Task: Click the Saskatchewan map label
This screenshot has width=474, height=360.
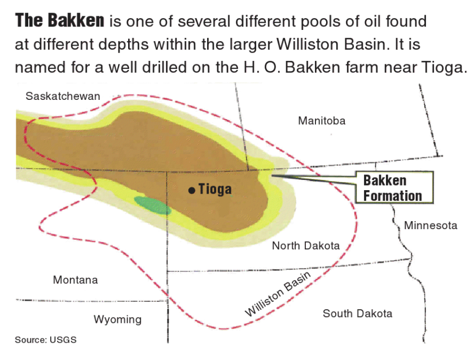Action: pyautogui.click(x=63, y=96)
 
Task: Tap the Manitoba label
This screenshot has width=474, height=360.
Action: pyautogui.click(x=322, y=121)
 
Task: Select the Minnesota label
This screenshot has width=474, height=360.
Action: pyautogui.click(x=431, y=226)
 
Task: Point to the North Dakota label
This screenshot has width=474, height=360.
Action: pyautogui.click(x=306, y=245)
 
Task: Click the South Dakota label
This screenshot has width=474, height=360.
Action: pyautogui.click(x=357, y=313)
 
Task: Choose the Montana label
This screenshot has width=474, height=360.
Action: pyautogui.click(x=75, y=280)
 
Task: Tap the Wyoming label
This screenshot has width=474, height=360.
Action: pyautogui.click(x=117, y=320)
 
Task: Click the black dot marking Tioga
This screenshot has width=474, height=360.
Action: pyautogui.click(x=192, y=190)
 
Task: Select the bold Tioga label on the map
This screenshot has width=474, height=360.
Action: pyautogui.click(x=215, y=190)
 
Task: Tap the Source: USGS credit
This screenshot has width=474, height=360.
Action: pyautogui.click(x=46, y=340)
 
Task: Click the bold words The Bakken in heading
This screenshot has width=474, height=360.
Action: pyautogui.click(x=60, y=21)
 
